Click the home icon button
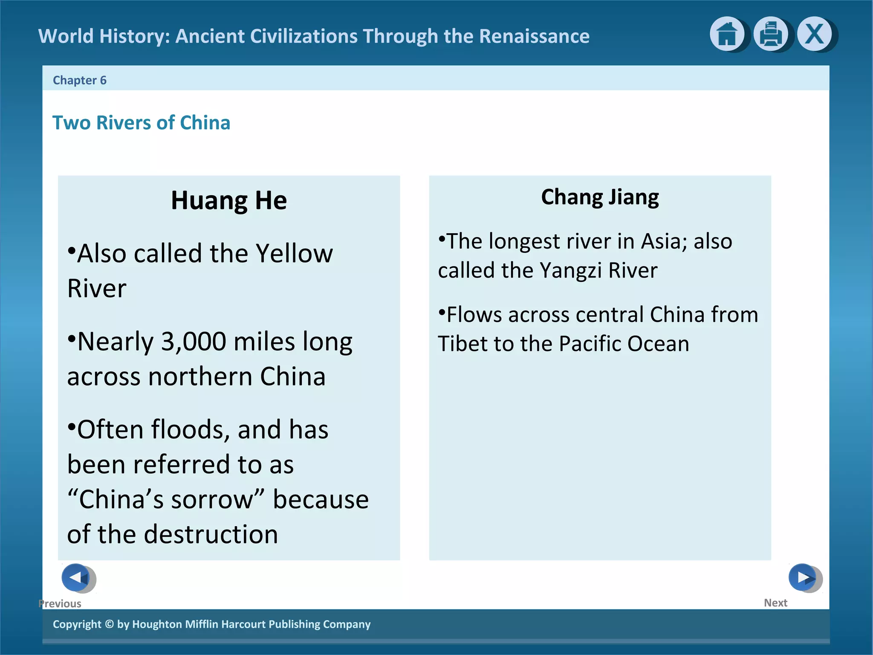[727, 34]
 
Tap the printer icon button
[770, 34]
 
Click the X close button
[814, 34]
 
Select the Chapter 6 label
[80, 80]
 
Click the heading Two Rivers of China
[141, 123]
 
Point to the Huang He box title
[229, 200]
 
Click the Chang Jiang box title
[600, 197]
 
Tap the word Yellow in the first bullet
[294, 254]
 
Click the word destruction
[211, 535]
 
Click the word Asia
[664, 242]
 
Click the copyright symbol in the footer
[109, 624]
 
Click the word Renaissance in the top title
[534, 36]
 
